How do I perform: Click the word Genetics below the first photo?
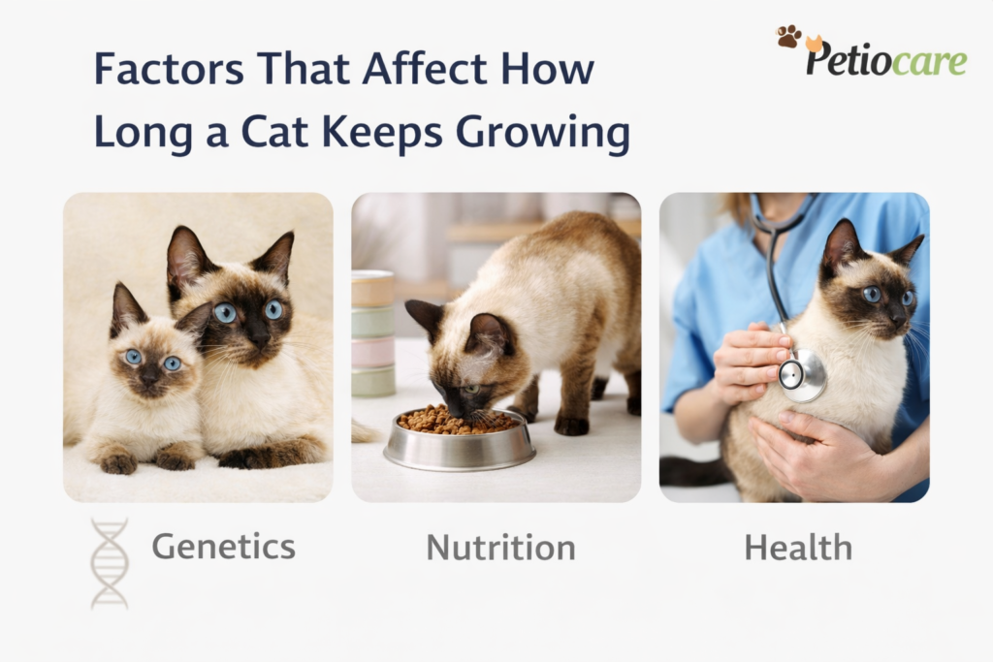pyautogui.click(x=224, y=547)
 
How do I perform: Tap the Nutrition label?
pyautogui.click(x=501, y=548)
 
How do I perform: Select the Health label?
pyautogui.click(x=798, y=548)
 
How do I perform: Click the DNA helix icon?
pyautogui.click(x=110, y=564)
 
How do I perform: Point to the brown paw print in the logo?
pyautogui.click(x=789, y=36)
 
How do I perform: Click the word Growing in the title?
pyautogui.click(x=543, y=134)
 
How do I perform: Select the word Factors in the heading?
pyautogui.click(x=169, y=69)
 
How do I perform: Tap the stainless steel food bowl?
pyautogui.click(x=460, y=440)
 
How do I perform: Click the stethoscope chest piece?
pyautogui.click(x=801, y=376)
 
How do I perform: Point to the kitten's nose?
pyautogui.click(x=150, y=377)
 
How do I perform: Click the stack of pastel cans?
pyautogui.click(x=373, y=333)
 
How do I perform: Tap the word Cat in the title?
pyautogui.click(x=275, y=132)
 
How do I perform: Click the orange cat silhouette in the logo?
pyautogui.click(x=814, y=43)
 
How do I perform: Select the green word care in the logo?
pyautogui.click(x=928, y=62)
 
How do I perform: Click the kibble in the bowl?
pyautogui.click(x=458, y=420)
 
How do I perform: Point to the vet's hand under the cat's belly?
pyautogui.click(x=814, y=454)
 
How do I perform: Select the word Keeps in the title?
pyautogui.click(x=382, y=134)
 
